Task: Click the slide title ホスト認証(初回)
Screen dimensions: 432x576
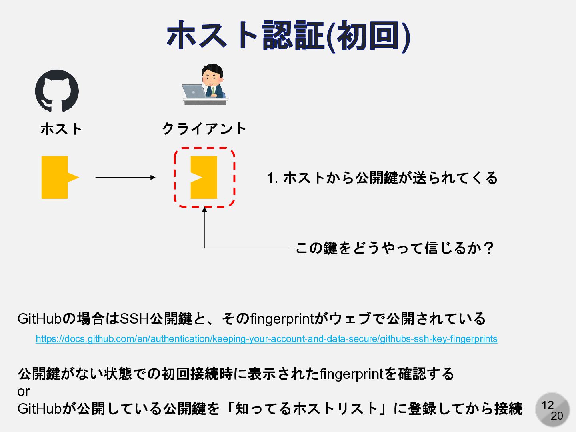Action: (x=288, y=36)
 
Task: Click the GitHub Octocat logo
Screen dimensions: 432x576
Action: (x=57, y=91)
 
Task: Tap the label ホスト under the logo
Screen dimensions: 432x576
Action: (x=61, y=129)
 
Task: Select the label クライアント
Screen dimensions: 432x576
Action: (x=204, y=129)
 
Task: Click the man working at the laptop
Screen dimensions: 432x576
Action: (x=213, y=80)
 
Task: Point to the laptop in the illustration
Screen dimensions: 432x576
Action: (x=194, y=92)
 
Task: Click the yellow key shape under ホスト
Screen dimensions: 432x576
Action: (x=58, y=177)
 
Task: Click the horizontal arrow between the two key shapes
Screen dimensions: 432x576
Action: (x=125, y=177)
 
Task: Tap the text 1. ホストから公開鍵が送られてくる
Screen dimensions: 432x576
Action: (x=382, y=178)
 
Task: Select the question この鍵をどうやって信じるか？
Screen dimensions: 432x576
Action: (x=394, y=248)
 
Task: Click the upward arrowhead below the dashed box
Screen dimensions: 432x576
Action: (x=204, y=210)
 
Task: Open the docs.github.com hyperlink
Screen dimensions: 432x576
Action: (x=266, y=339)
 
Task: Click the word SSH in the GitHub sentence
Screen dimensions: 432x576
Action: (x=134, y=319)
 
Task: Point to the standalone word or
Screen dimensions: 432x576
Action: (x=24, y=392)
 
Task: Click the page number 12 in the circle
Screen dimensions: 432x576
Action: (x=548, y=405)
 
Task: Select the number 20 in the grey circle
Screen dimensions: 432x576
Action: (x=557, y=416)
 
